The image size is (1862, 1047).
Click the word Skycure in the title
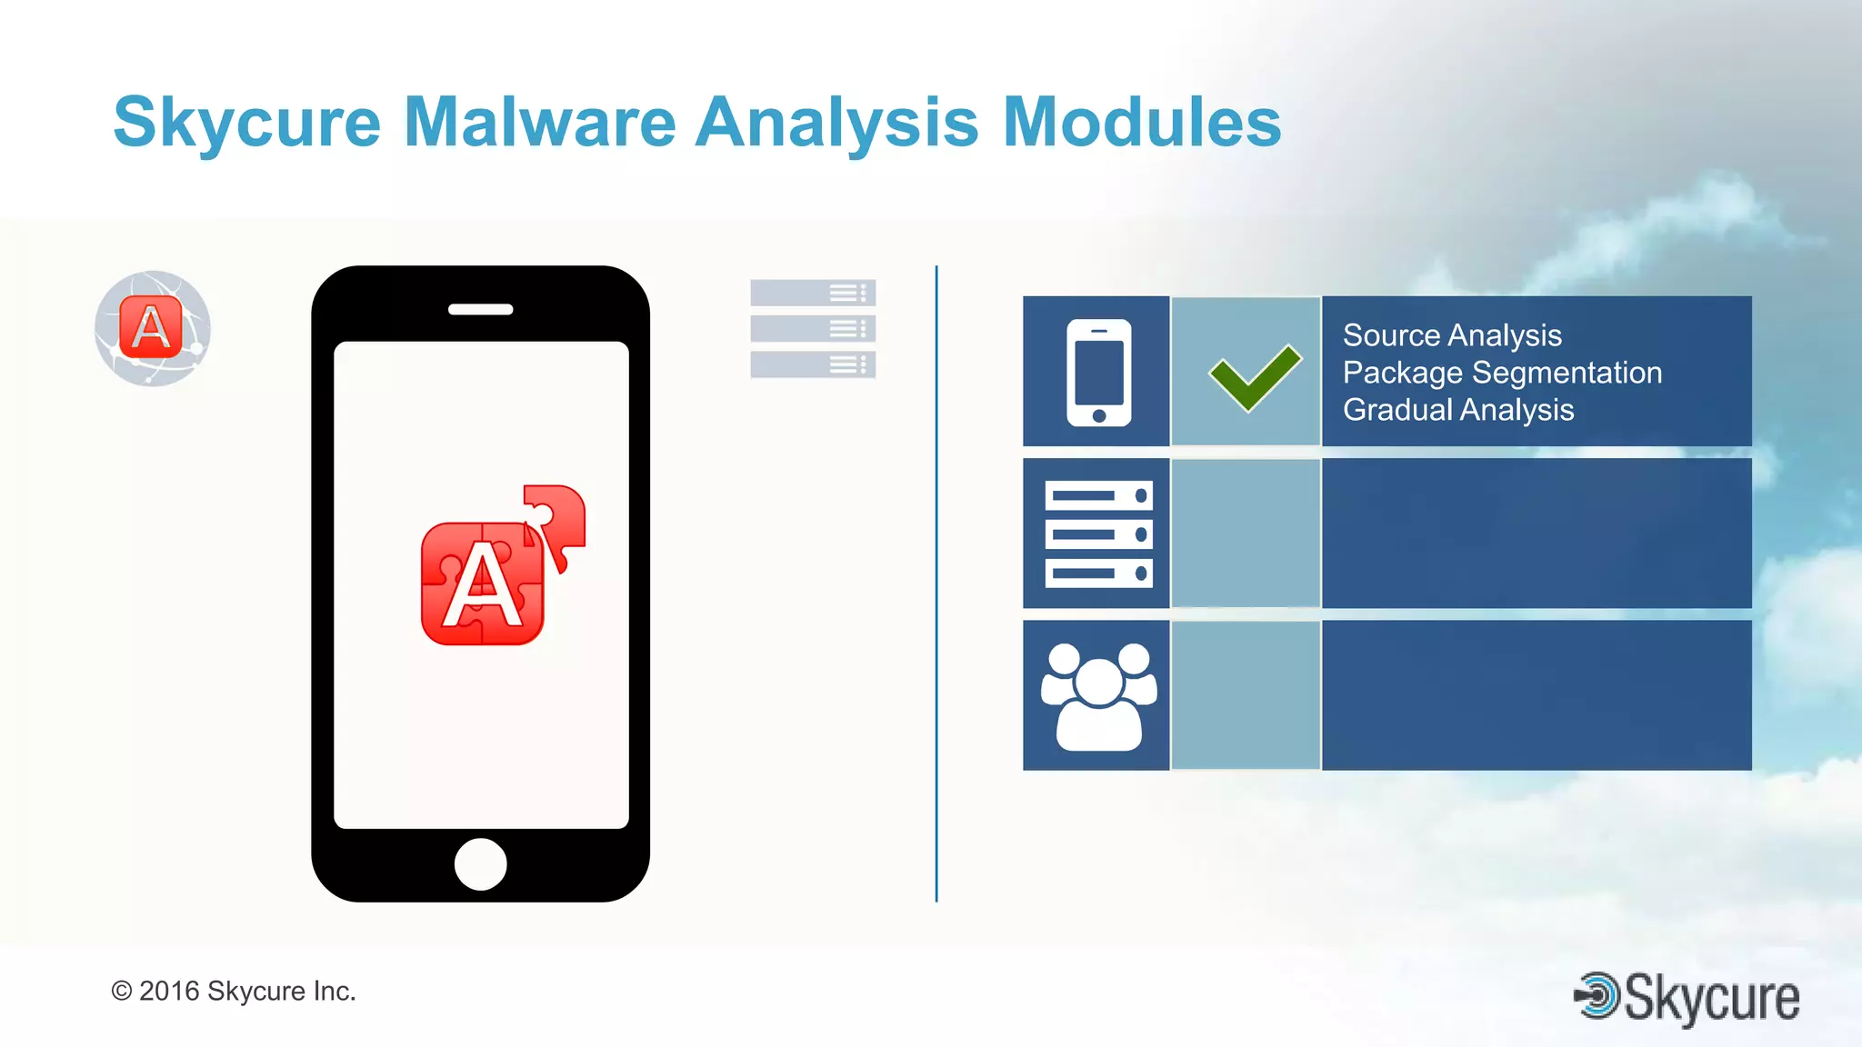point(246,123)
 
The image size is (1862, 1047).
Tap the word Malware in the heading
point(539,123)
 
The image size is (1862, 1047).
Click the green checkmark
point(1255,376)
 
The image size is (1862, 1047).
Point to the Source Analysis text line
point(1452,335)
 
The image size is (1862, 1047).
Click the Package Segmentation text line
point(1502,373)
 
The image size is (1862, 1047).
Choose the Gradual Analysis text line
point(1458,410)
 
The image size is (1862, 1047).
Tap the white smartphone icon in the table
point(1098,372)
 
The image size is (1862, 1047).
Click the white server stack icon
point(1098,533)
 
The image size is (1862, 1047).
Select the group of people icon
point(1098,696)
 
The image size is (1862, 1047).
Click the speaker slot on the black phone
point(480,310)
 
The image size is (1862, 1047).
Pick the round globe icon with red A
point(153,328)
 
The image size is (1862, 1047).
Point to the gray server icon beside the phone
point(813,328)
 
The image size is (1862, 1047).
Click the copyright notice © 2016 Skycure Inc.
point(233,991)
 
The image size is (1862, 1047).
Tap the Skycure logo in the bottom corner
point(1687,998)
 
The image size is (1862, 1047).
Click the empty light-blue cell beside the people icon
point(1246,696)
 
